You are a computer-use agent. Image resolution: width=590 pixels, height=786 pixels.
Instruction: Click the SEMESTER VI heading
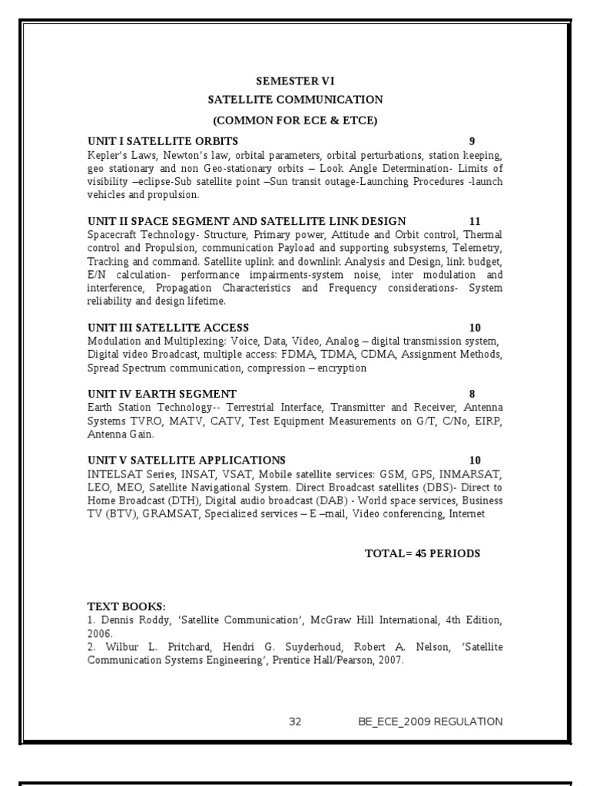click(295, 81)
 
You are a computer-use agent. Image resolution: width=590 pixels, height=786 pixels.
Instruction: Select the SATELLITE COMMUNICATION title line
click(295, 100)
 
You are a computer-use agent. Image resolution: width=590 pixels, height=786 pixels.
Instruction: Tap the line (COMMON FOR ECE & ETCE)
click(295, 120)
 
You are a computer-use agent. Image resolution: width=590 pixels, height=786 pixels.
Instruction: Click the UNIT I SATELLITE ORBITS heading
click(163, 141)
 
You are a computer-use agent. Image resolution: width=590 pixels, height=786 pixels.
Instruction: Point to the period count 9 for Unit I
click(472, 141)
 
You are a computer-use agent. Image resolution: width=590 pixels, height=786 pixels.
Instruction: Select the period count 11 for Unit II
click(475, 222)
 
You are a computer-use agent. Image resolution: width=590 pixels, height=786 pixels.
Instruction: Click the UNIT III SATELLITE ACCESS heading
click(168, 328)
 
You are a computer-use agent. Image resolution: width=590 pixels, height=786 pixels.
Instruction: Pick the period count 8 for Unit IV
click(472, 394)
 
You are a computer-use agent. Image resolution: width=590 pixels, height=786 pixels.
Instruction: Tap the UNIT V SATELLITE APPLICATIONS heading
click(187, 461)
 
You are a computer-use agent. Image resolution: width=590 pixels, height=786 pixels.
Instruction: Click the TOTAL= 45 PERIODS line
click(423, 553)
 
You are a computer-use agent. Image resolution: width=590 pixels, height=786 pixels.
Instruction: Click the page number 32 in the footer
click(296, 722)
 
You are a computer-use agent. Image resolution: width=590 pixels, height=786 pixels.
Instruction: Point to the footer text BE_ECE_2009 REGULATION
click(430, 722)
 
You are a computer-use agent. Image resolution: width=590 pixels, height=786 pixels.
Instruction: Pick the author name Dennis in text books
click(114, 620)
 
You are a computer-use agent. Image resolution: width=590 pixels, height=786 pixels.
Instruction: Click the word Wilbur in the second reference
click(116, 647)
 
